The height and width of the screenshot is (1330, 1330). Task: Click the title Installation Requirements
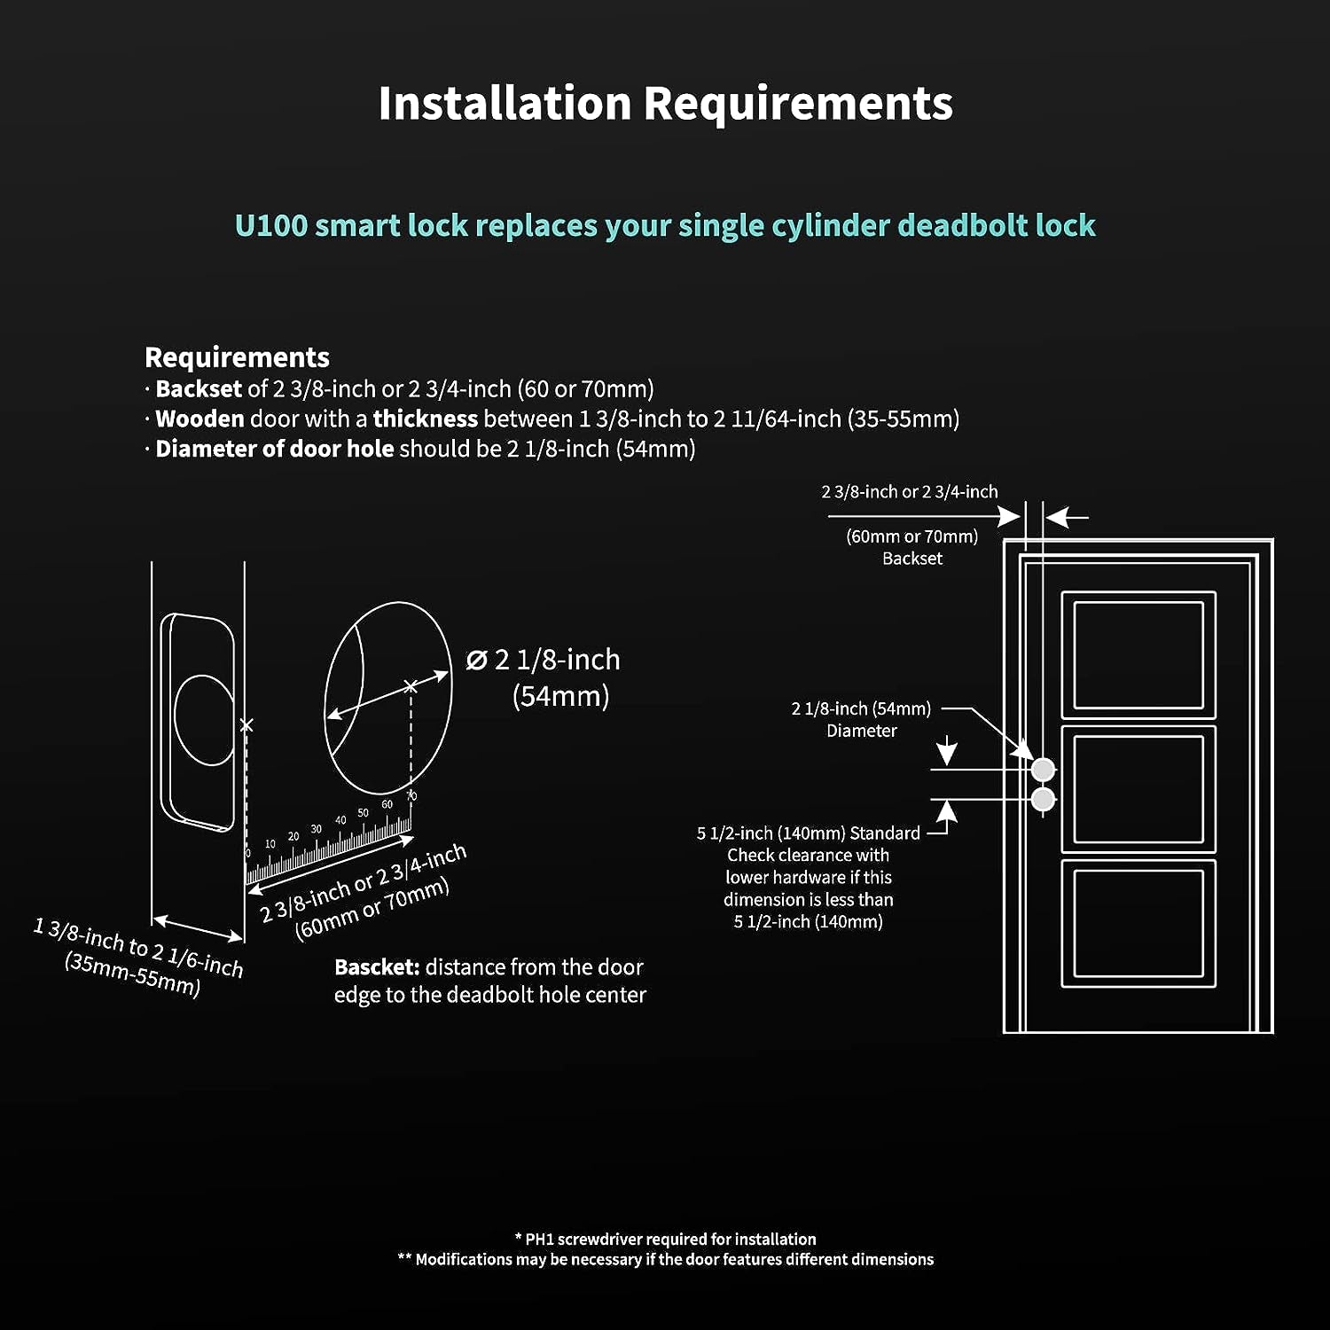point(665,103)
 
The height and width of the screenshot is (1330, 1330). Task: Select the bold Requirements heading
point(237,357)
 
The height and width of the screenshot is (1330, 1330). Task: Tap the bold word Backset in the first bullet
point(199,389)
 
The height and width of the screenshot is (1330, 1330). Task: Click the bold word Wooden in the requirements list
point(199,419)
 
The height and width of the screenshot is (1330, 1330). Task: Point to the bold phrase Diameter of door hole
point(274,449)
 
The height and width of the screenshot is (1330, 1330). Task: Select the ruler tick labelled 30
point(317,830)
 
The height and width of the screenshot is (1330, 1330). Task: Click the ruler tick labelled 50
point(363,813)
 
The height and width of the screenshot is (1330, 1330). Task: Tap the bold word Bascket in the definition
point(376,967)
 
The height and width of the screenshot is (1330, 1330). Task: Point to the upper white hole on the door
point(1043,769)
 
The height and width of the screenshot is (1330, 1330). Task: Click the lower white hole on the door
point(1043,800)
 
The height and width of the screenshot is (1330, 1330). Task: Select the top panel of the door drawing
point(1138,655)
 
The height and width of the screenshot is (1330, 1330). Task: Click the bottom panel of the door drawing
point(1138,923)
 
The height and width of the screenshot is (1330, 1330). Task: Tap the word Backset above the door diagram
point(912,559)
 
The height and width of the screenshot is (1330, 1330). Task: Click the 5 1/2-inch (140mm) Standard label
point(808,833)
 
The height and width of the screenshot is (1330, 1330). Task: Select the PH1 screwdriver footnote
point(665,1240)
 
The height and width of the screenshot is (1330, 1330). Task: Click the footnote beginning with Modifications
point(665,1260)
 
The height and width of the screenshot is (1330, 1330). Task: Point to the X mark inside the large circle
point(411,686)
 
